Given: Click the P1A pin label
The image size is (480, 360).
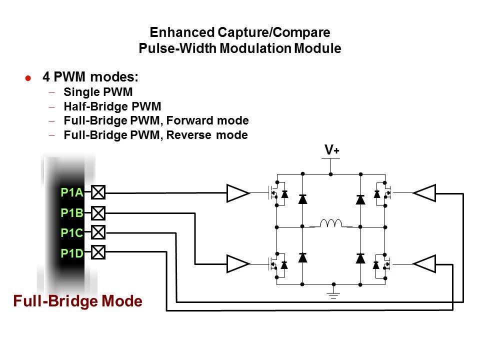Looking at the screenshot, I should coord(71,192).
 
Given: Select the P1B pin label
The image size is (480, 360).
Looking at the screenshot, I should coord(71,213).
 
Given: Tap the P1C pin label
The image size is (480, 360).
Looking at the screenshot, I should coord(71,232).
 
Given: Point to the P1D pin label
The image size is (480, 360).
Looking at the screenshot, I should coord(71,253).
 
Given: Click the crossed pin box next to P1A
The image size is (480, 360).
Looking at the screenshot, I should coord(99,192).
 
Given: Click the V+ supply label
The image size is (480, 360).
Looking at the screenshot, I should coord(331,150).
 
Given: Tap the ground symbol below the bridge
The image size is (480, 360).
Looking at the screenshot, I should coord(331,294).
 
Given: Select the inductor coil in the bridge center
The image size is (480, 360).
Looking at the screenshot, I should coord(330,223).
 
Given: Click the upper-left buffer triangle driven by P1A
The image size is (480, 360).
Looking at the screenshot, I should coord(237,193).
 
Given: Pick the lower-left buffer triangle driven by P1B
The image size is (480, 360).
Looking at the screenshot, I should coord(237,264).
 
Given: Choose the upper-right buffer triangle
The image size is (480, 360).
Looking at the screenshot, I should coord(425,193).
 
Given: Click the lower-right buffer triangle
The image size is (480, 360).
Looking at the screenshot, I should coord(425,264).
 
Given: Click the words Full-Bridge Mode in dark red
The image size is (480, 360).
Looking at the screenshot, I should coord(77,301).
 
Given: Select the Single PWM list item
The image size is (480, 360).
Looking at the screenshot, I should coord(98,92).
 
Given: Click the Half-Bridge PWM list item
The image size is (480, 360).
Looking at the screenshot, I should coord(112,106).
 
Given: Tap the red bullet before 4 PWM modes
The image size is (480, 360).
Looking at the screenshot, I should coord(28,78).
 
